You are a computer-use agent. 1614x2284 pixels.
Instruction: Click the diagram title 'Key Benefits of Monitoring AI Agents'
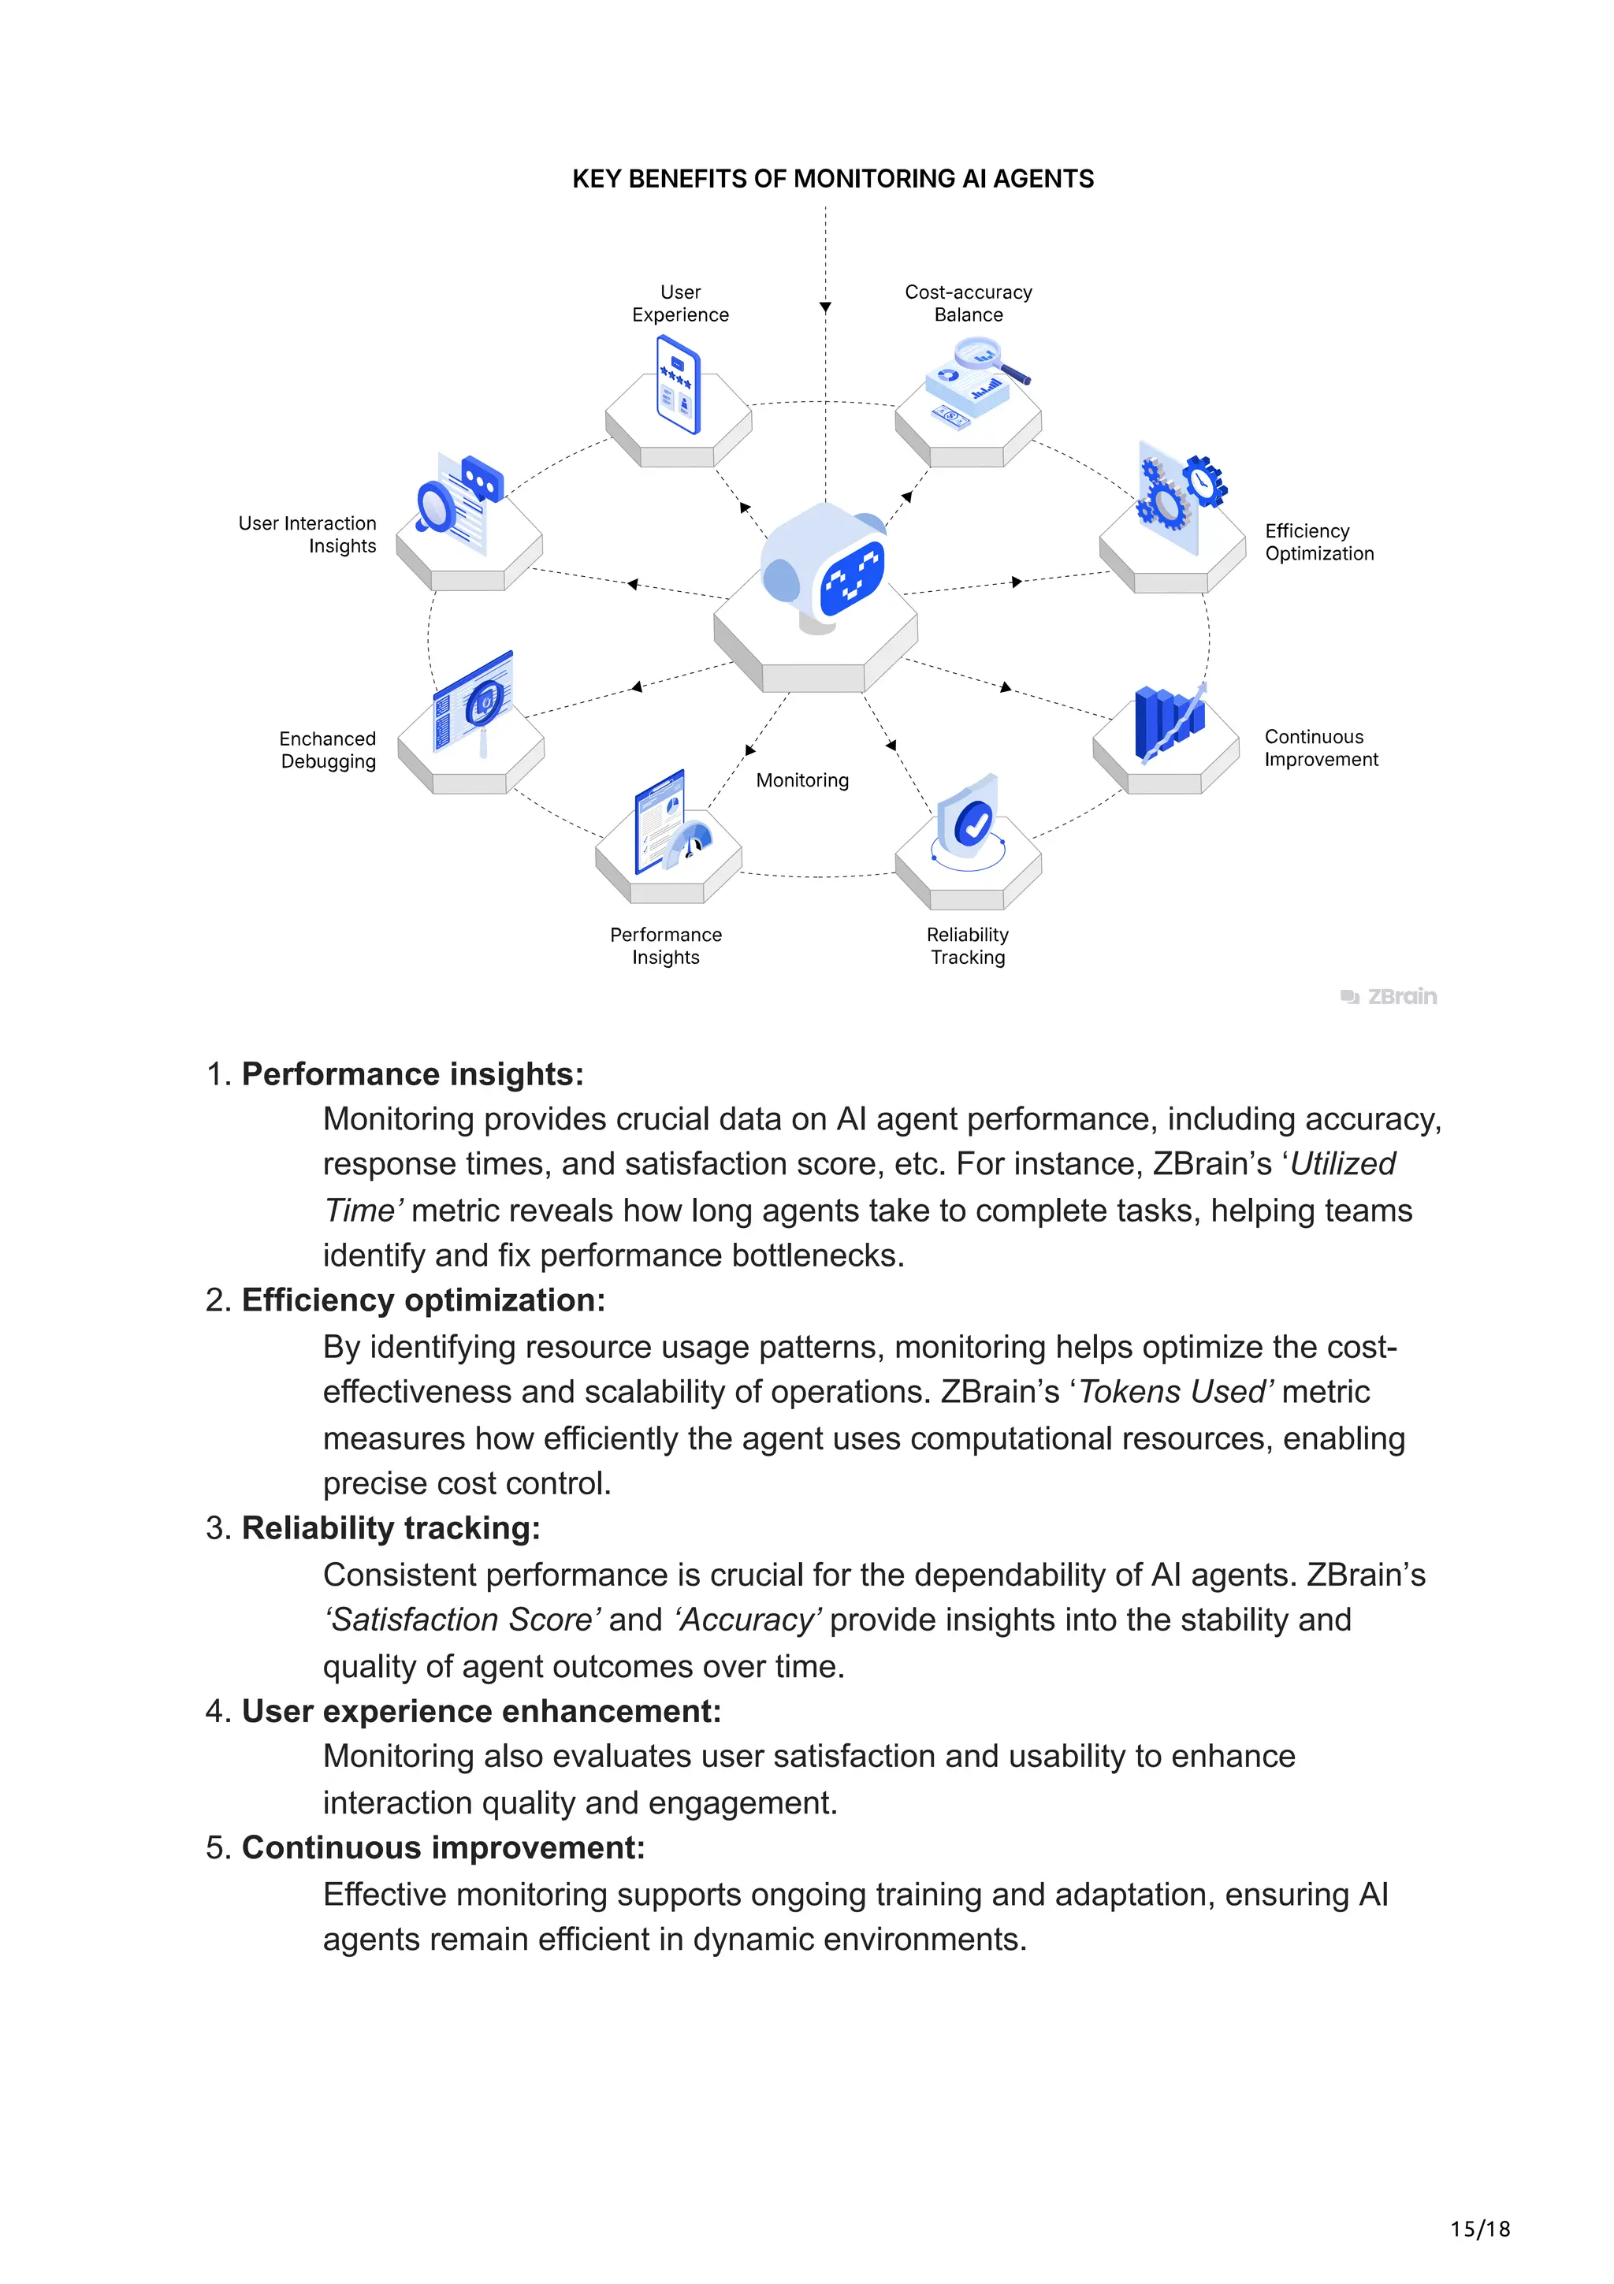click(832, 179)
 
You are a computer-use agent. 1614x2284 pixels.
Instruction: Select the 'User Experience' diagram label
click(680, 303)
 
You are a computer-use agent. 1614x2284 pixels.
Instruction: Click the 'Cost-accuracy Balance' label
click(968, 303)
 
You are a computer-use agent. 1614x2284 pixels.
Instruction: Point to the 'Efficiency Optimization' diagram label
click(1318, 542)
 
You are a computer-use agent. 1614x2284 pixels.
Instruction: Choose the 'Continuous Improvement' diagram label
click(1321, 748)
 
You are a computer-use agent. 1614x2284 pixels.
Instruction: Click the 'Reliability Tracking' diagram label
click(968, 946)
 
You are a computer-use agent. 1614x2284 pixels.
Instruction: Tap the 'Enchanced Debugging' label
click(328, 750)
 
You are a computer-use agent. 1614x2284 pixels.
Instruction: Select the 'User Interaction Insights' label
click(308, 534)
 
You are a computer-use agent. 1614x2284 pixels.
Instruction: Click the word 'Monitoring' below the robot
click(802, 781)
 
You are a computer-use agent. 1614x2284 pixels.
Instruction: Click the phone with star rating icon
click(679, 385)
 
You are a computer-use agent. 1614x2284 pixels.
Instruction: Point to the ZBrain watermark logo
click(1389, 997)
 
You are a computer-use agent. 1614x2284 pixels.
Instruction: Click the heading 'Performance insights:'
click(413, 1074)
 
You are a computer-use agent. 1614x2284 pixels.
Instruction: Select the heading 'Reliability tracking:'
click(391, 1528)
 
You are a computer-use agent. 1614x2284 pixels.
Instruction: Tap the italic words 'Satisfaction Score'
click(463, 1620)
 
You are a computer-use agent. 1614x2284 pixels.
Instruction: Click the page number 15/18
click(1480, 2230)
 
